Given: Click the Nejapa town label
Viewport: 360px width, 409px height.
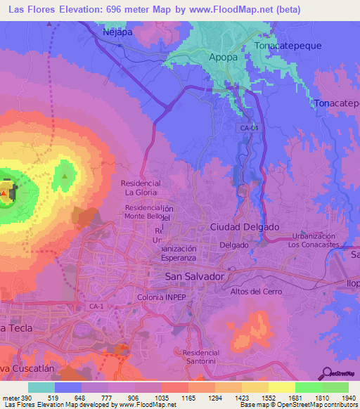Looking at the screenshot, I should click(117, 32).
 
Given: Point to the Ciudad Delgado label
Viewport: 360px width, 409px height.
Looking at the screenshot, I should click(245, 227).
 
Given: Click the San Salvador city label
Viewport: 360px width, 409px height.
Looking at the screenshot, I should click(194, 277).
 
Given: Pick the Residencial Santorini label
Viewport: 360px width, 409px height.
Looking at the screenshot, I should click(200, 357).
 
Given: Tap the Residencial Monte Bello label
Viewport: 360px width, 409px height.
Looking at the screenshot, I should click(148, 213).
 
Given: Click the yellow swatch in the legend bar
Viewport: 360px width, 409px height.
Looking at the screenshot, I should click(281, 387).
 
